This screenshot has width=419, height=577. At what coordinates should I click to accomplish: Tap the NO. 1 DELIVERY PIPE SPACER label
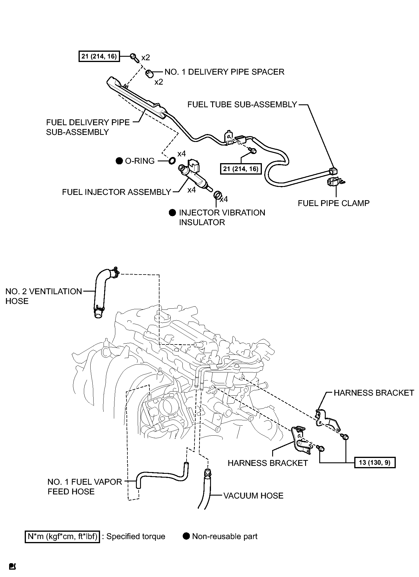pyautogui.click(x=224, y=72)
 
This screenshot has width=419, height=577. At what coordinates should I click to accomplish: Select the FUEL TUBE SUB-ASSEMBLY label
pyautogui.click(x=242, y=105)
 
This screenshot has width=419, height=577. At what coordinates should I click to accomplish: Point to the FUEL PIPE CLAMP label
pyautogui.click(x=334, y=203)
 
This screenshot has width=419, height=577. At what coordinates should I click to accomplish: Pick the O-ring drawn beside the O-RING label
pyautogui.click(x=172, y=160)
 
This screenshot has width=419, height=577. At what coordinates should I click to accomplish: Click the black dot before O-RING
pyautogui.click(x=119, y=161)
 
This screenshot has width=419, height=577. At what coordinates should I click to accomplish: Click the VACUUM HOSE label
pyautogui.click(x=253, y=496)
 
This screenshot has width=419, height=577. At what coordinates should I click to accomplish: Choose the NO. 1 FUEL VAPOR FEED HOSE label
pyautogui.click(x=85, y=486)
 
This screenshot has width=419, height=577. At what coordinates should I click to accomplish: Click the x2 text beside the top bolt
pyautogui.click(x=146, y=58)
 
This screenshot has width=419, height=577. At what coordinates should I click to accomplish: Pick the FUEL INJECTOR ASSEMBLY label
pyautogui.click(x=117, y=192)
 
